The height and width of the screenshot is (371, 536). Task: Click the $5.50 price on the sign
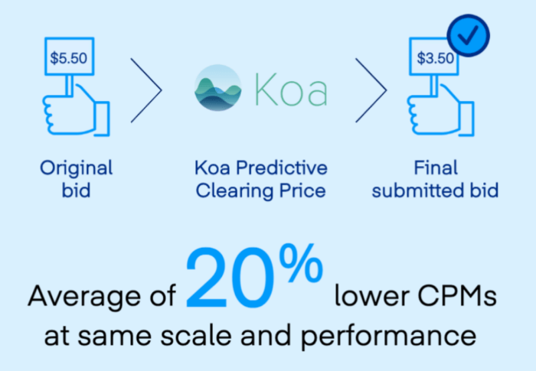[69, 58]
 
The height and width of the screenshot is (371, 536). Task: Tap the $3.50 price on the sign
[435, 58]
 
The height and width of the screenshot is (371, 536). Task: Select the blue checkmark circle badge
[469, 35]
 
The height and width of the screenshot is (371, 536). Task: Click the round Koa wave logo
[217, 88]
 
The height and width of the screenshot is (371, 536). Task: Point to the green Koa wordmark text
[291, 89]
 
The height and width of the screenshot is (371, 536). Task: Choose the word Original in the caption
[77, 168]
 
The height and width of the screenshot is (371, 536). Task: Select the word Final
[436, 168]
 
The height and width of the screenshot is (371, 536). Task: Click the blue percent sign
[301, 263]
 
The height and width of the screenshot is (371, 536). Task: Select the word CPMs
[457, 295]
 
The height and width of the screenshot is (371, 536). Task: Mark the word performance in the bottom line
[389, 337]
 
